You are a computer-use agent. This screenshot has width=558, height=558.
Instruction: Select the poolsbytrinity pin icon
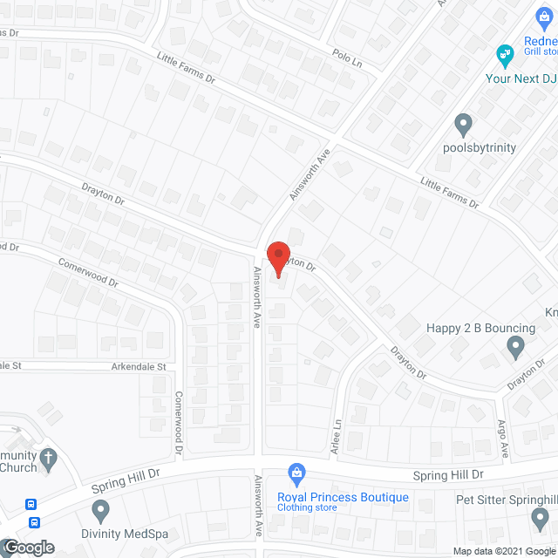[x=464, y=124]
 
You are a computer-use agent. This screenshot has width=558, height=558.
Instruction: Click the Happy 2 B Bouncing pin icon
[x=515, y=349]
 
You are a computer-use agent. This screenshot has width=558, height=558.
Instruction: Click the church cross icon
[x=49, y=457]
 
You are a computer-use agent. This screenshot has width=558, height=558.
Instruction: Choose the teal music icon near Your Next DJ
[x=504, y=57]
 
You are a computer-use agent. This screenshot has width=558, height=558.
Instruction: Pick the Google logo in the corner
[x=28, y=548]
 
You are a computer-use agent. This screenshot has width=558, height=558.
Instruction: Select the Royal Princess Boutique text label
[x=343, y=497]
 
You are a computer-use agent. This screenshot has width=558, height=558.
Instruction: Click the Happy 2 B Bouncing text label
[x=480, y=328]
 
